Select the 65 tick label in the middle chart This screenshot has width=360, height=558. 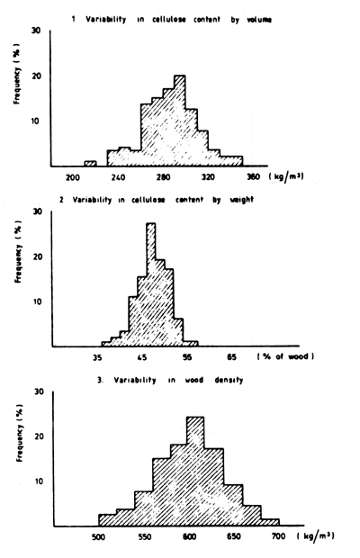click(231, 357)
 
